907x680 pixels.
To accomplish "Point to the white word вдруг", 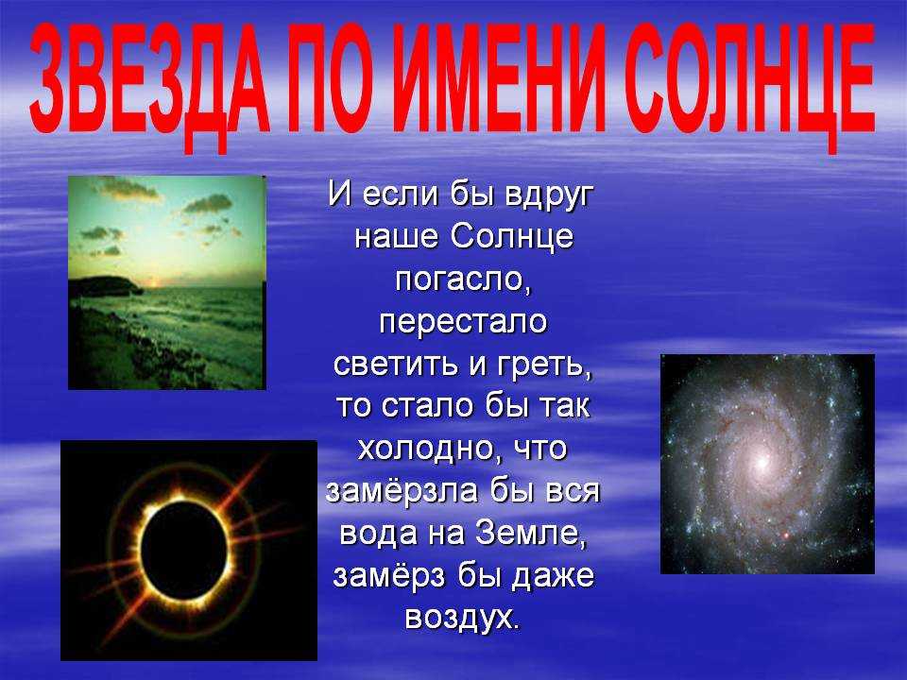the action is (x=549, y=196).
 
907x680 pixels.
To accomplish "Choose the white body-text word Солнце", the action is (x=511, y=236).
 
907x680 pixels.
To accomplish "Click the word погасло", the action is (x=463, y=280).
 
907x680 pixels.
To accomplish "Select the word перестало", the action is (x=463, y=323).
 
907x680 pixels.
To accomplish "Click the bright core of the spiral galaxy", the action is (x=762, y=462).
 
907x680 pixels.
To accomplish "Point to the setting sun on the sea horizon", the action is (x=154, y=282).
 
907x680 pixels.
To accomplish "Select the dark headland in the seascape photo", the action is (x=104, y=286).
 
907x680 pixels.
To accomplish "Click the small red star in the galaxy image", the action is (x=786, y=536).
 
